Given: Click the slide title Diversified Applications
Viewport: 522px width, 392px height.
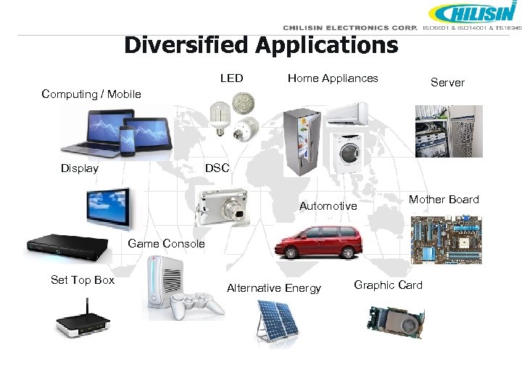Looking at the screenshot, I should pos(261,45).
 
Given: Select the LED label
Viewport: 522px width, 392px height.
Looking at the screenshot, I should pos(231,78).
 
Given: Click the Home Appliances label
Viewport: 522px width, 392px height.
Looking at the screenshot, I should pos(333,78).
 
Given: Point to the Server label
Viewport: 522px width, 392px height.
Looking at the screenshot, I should pos(447,82).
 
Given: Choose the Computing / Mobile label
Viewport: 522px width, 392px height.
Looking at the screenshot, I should pos(91,94).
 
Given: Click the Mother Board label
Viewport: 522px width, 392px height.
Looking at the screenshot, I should pos(444,199).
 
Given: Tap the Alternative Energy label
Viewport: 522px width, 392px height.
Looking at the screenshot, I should pos(273,288).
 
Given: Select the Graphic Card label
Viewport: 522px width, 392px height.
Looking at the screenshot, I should pos(388,285).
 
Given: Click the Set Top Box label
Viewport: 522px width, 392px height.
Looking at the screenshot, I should pos(83,279).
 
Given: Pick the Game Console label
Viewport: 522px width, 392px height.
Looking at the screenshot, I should pos(166,243).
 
